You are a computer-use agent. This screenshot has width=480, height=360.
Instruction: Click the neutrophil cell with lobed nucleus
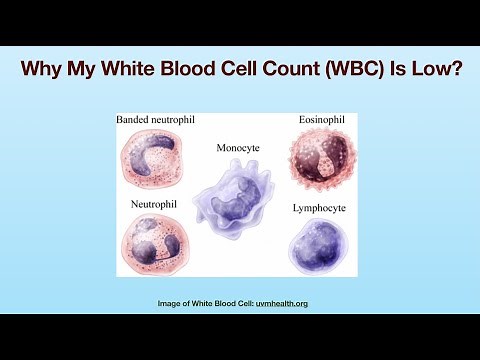pyautogui.click(x=152, y=244)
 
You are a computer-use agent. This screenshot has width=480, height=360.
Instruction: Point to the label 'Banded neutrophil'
pyautogui.click(x=156, y=120)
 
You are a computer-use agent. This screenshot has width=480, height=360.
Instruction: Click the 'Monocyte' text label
pyautogui.click(x=237, y=147)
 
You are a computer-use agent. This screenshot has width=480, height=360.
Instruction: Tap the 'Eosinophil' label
pyautogui.click(x=322, y=120)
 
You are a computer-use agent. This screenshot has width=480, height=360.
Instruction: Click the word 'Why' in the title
pyautogui.click(x=44, y=71)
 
